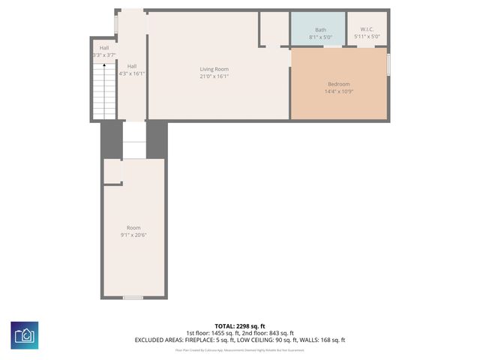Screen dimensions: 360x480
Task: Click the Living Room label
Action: point(214,69)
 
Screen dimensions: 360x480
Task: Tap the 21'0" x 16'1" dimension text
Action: point(214,76)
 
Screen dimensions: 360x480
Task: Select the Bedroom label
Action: point(338,84)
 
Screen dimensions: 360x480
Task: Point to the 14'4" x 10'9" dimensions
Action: point(338,91)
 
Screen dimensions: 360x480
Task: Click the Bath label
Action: point(320,29)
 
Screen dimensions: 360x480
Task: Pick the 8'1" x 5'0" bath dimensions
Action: point(320,37)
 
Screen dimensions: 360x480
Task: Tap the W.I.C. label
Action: point(367,29)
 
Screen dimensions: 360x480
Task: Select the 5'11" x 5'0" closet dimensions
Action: point(367,37)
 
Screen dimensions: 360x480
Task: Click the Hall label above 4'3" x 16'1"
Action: point(132,66)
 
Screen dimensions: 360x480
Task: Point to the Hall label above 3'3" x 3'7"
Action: point(103,48)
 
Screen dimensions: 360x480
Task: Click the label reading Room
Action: point(133,228)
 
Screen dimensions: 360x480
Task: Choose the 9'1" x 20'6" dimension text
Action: point(133,235)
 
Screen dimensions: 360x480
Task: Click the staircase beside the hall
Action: point(103,90)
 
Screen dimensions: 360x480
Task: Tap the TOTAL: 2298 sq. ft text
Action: point(240,326)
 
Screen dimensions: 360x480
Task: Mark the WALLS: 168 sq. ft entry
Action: point(322,340)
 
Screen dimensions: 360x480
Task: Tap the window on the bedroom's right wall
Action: point(388,64)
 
